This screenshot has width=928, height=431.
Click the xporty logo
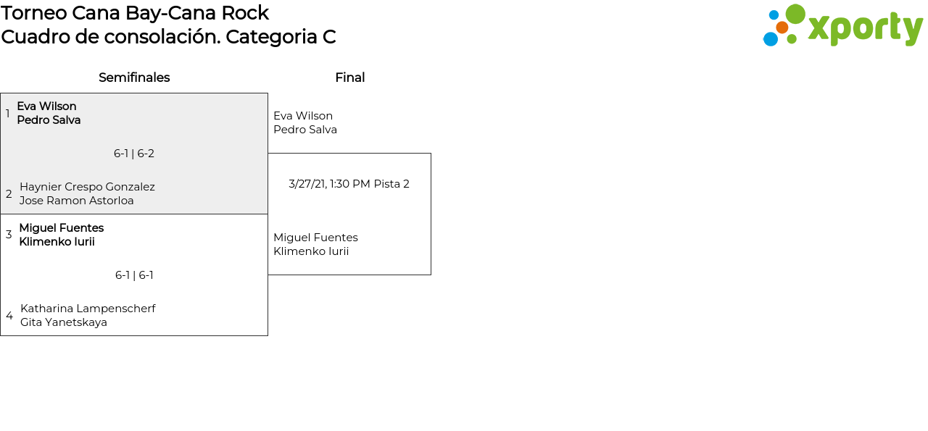[842, 26]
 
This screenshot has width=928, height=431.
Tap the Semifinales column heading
[134, 78]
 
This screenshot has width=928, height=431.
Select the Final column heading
[349, 78]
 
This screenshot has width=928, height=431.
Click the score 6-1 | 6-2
[134, 154]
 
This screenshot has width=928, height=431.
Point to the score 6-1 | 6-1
[134, 275]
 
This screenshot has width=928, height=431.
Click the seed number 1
[8, 114]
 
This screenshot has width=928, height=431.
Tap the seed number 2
[9, 194]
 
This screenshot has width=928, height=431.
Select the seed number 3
[9, 235]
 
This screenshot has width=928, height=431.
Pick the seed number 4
[9, 316]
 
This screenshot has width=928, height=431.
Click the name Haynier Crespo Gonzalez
[87, 187]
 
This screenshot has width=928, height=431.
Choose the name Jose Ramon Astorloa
[77, 201]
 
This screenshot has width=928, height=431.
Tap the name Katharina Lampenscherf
[88, 309]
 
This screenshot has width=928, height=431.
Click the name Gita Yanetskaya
[64, 322]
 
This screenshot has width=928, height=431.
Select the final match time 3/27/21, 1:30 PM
[329, 184]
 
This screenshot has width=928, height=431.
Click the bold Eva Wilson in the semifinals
[47, 106]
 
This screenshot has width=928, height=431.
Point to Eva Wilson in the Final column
[303, 116]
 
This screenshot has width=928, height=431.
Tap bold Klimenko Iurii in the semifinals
[57, 242]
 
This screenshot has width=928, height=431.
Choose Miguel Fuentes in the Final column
[315, 238]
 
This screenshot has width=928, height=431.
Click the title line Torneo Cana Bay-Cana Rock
[135, 13]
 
